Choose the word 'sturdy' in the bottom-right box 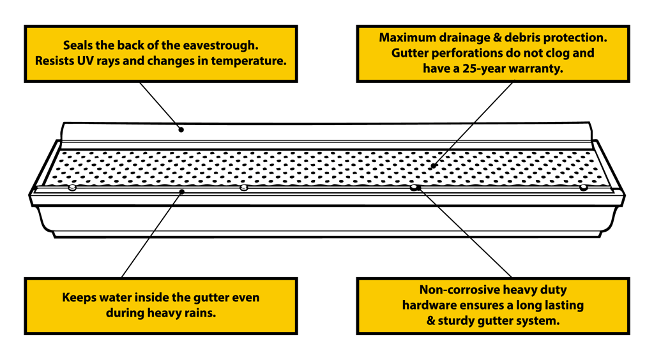(457, 320)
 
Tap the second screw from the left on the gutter (243, 188)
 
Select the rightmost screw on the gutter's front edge (583, 188)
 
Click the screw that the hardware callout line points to (414, 188)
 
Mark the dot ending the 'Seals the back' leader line (181, 130)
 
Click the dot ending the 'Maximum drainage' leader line (434, 167)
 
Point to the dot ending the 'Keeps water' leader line (182, 191)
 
